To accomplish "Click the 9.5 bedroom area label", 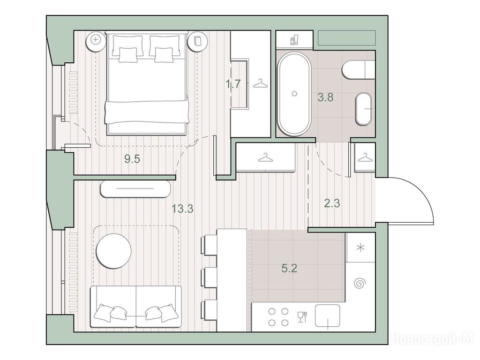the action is click(132, 159).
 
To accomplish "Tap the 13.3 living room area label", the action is click(182, 209).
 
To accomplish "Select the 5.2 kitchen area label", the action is click(289, 269).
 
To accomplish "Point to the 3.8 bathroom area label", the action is click(325, 97).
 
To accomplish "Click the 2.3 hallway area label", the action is click(332, 203).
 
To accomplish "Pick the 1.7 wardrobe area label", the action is click(233, 83).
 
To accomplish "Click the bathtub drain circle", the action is click(294, 94).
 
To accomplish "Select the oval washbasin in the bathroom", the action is click(364, 109).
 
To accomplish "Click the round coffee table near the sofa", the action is click(113, 251).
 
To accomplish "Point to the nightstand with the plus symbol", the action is click(96, 40).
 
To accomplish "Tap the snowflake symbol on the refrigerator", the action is click(361, 247).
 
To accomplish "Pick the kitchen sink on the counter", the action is click(328, 315).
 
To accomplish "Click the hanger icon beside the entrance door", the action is click(364, 158).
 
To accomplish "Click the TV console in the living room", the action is click(135, 189).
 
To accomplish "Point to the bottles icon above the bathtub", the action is click(294, 39).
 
